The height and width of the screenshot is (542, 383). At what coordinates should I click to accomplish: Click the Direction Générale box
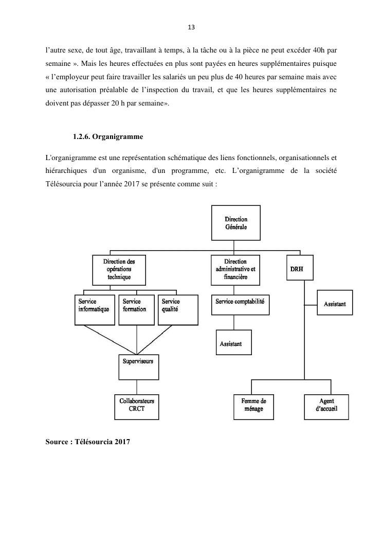236,223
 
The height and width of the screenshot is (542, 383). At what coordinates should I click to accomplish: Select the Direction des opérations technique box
119,270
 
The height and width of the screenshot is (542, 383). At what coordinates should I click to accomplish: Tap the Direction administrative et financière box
235,270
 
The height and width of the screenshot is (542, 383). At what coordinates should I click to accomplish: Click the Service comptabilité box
241,305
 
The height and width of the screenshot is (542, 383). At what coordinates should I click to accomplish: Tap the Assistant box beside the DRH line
335,304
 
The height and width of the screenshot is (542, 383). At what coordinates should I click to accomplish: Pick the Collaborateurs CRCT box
137,407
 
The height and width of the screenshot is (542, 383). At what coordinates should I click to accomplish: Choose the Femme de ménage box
253,407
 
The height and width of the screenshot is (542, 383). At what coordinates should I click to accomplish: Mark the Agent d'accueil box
326,407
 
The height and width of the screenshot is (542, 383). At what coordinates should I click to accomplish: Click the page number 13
191,27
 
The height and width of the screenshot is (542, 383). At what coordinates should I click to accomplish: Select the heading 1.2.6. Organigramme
108,137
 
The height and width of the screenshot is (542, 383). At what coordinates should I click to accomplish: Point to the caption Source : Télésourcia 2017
88,441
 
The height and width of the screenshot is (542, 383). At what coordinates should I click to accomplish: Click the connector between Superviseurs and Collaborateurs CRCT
137,388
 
